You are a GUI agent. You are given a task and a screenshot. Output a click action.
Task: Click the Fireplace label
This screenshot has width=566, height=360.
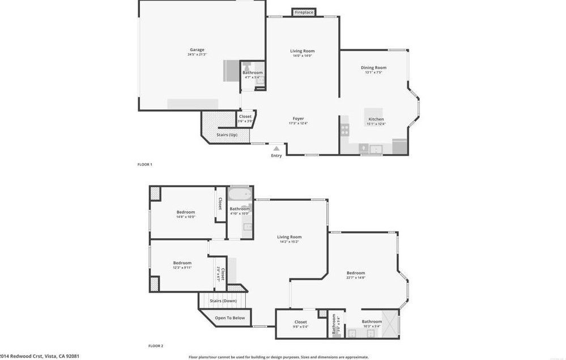coord(304,12)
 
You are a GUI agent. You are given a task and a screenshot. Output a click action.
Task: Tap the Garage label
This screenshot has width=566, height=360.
coord(196,50)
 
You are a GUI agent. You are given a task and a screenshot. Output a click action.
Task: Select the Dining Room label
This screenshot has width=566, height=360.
coord(373,68)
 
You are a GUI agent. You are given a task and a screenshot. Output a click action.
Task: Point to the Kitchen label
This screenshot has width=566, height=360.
coord(376,120)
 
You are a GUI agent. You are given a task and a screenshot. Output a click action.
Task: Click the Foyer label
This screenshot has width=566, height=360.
coord(298,118)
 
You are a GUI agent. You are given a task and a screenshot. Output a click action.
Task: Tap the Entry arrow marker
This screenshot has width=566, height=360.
coord(276,149)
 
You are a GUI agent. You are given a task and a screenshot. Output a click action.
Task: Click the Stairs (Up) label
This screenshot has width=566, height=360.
coord(227,134)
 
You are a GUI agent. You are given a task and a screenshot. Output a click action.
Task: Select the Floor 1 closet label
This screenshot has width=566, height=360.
coord(245,117)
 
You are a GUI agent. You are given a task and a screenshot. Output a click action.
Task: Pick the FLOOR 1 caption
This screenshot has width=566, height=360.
coord(145,164)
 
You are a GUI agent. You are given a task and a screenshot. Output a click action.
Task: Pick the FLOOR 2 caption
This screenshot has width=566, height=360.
coord(156,345)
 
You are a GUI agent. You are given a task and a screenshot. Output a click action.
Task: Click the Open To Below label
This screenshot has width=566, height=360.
coord(230,317)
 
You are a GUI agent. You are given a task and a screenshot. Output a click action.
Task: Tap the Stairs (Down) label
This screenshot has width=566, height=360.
coord(223,300)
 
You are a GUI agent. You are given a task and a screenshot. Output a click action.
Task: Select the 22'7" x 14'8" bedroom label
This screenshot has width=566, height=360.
coord(356,273)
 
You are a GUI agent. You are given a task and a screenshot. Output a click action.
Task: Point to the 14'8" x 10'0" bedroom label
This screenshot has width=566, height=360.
coord(185,212)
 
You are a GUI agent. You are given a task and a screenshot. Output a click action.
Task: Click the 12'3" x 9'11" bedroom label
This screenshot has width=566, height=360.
coord(182,263)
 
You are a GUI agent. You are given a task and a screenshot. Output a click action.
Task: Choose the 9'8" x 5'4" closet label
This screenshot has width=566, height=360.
coord(300,322)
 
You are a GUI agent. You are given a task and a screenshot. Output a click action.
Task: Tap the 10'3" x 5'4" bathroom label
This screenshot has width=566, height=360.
coord(372,322)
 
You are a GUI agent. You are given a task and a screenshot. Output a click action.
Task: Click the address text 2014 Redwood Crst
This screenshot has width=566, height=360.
coord(40,356)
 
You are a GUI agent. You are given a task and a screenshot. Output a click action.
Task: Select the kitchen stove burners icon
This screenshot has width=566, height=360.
coord(344,129)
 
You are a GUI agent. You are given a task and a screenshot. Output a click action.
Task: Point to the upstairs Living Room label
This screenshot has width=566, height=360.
coord(289,237)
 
